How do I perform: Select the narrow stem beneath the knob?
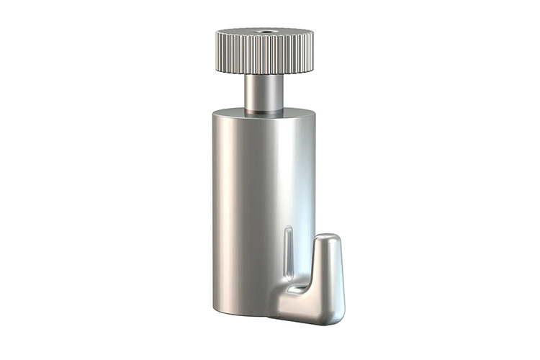click(x=263, y=92)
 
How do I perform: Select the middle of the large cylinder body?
click(x=263, y=209)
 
